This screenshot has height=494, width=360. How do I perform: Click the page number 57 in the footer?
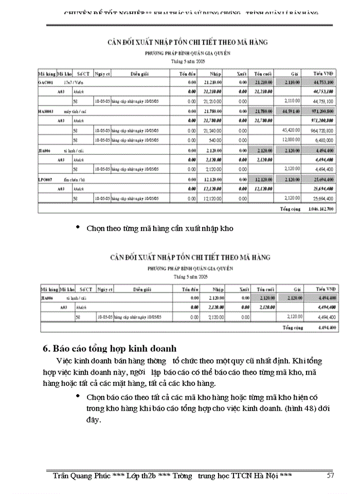331,475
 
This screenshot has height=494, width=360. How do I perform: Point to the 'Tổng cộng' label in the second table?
291,327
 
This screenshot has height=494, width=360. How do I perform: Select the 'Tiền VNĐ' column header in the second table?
324,290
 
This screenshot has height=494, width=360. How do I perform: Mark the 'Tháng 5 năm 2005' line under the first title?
187,61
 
